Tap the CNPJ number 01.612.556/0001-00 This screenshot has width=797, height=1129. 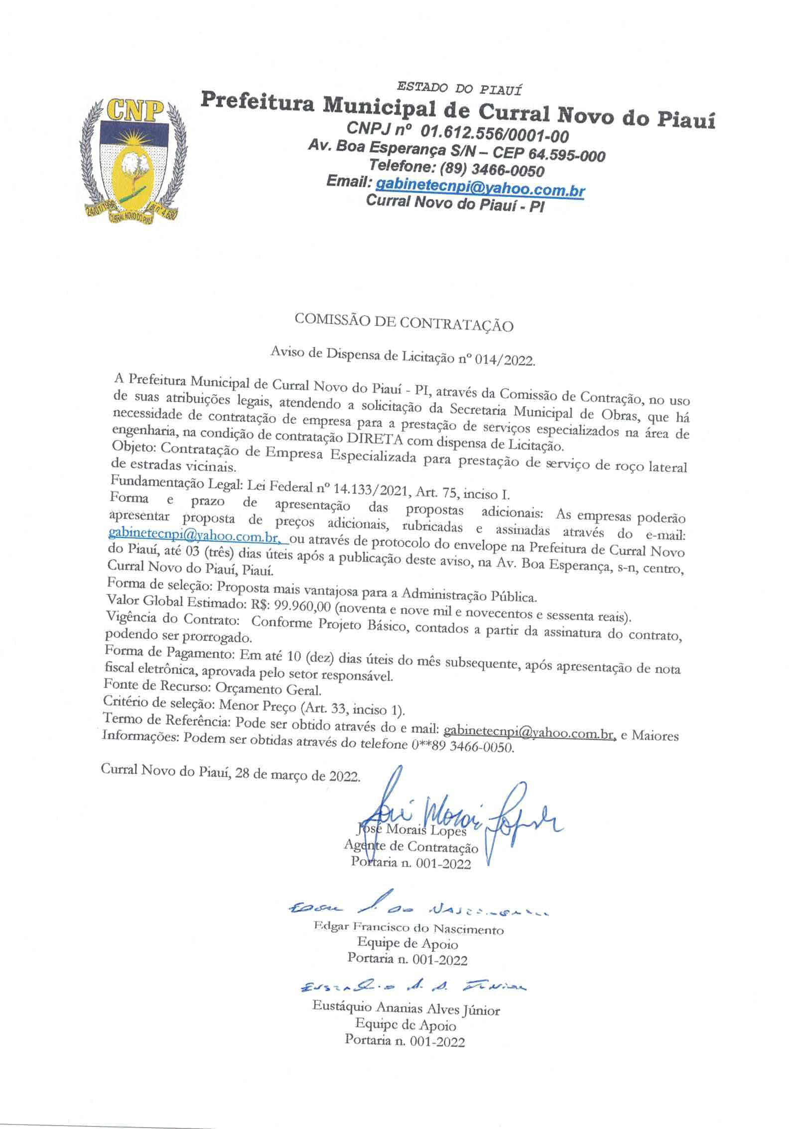(x=494, y=134)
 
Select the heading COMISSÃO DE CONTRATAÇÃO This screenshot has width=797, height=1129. (x=403, y=323)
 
